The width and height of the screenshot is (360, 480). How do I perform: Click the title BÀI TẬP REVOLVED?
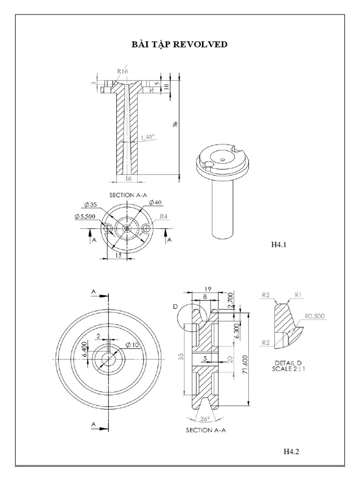(180, 45)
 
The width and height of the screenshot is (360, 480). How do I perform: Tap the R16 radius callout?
(122, 71)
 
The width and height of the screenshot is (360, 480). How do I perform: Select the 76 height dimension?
(175, 124)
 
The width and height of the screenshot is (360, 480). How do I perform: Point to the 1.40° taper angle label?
(148, 137)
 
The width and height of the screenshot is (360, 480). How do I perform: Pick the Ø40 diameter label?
(155, 202)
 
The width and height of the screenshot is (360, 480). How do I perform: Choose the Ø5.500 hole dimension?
(85, 217)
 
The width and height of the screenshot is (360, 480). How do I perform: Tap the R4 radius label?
(164, 217)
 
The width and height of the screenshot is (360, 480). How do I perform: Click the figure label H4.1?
(279, 244)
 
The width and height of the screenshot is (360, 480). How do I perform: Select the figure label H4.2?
(291, 451)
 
